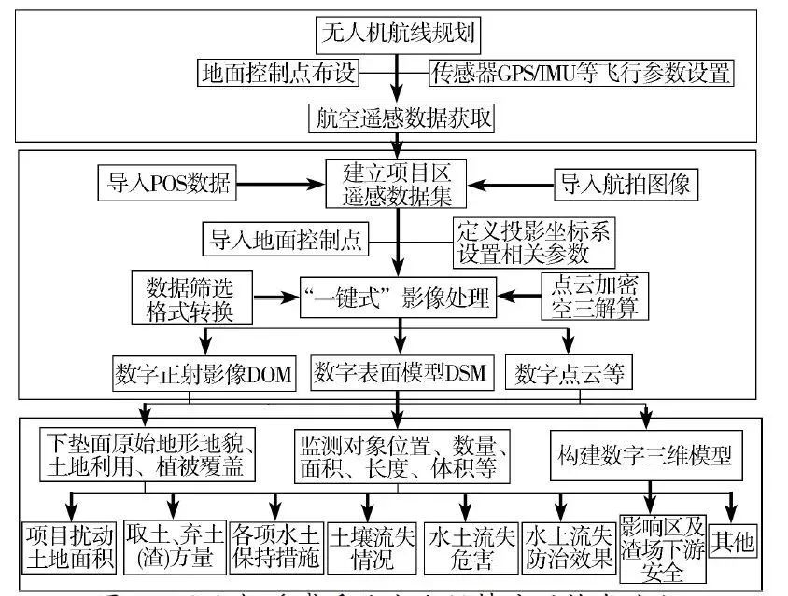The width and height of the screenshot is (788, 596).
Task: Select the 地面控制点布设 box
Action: click(x=278, y=73)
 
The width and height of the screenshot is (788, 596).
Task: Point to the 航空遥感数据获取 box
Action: click(x=401, y=118)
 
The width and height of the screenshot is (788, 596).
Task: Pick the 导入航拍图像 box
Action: click(x=625, y=184)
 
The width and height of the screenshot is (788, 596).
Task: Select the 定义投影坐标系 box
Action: click(x=533, y=242)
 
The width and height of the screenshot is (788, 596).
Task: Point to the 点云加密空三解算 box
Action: click(x=595, y=297)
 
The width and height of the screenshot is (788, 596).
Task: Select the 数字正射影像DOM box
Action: click(x=203, y=375)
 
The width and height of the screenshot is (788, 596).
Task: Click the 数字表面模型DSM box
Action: click(x=400, y=374)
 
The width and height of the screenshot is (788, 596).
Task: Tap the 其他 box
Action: click(x=733, y=539)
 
